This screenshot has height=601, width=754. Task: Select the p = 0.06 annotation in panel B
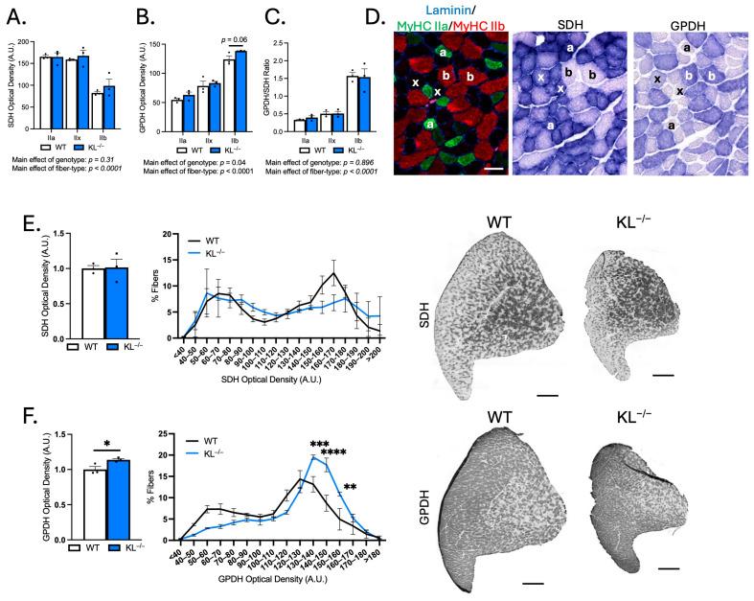tap(226, 41)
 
